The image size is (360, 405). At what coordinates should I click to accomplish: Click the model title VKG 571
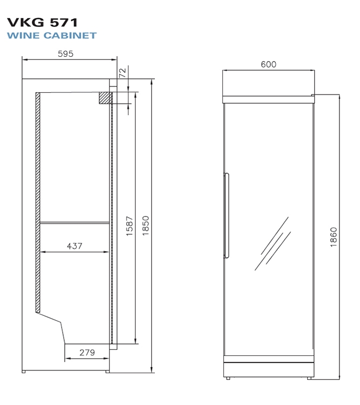click(x=42, y=23)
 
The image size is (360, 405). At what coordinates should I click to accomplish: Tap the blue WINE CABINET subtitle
click(x=52, y=36)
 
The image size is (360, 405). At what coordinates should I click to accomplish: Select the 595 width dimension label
click(x=66, y=53)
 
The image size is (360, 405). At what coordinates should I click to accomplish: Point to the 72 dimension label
click(x=123, y=72)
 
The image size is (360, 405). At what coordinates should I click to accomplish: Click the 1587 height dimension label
click(x=130, y=226)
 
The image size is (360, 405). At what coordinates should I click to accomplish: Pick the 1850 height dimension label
click(x=146, y=226)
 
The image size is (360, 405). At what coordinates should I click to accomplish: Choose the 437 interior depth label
click(x=74, y=246)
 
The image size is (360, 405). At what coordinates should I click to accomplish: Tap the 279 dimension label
click(x=87, y=352)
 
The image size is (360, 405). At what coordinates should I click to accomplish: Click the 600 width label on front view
click(x=269, y=64)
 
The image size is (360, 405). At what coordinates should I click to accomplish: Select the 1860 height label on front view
click(x=334, y=237)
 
